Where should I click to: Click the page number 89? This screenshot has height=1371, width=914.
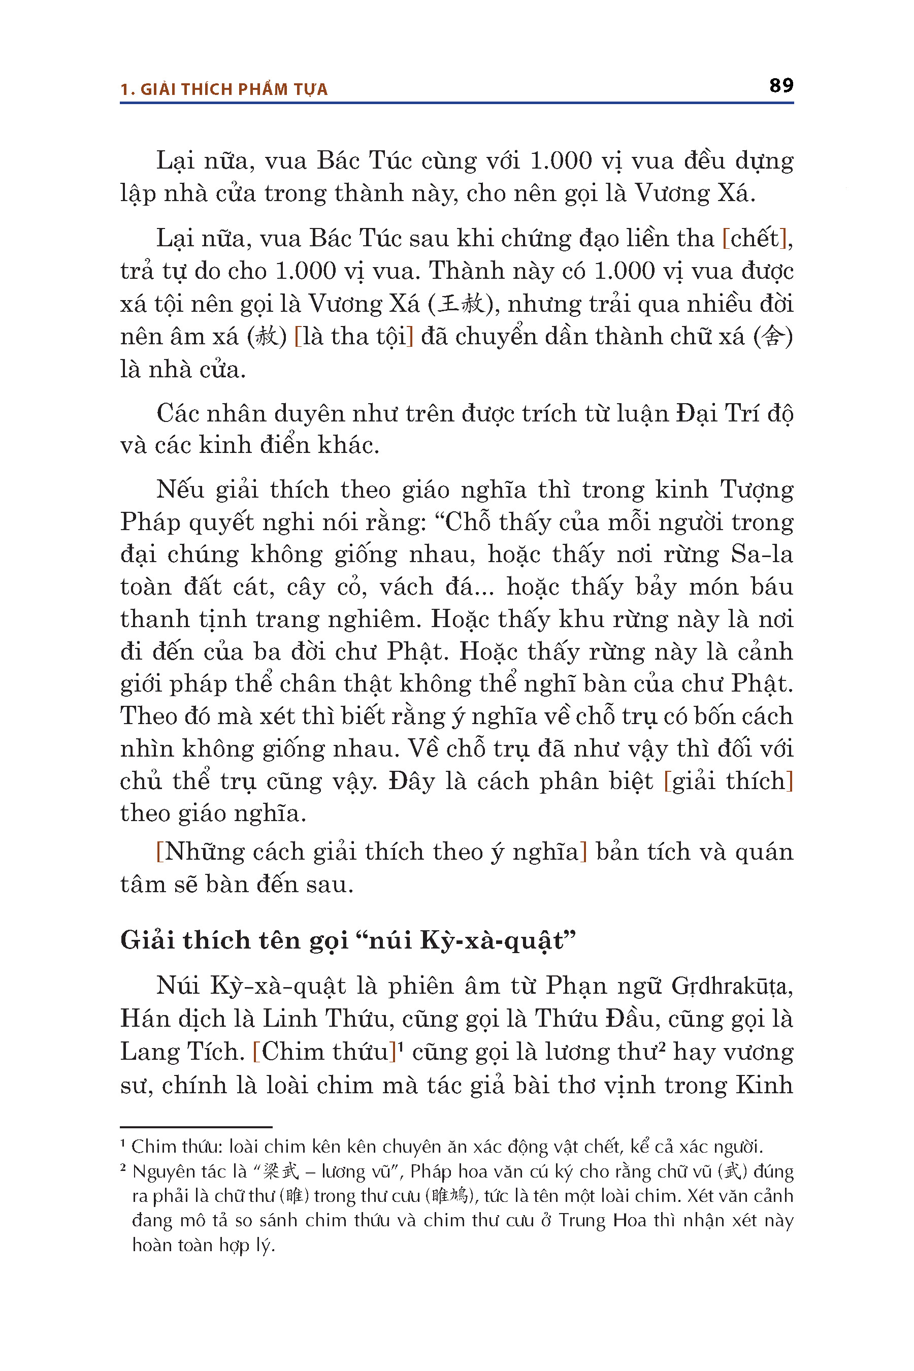coord(781,86)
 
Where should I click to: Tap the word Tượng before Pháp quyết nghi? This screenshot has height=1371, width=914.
coord(757,489)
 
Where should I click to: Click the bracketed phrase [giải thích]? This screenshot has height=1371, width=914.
coord(729,781)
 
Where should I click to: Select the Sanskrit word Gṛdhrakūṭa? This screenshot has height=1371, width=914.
coord(732,986)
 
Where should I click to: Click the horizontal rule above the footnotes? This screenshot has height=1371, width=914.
coord(196,1127)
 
